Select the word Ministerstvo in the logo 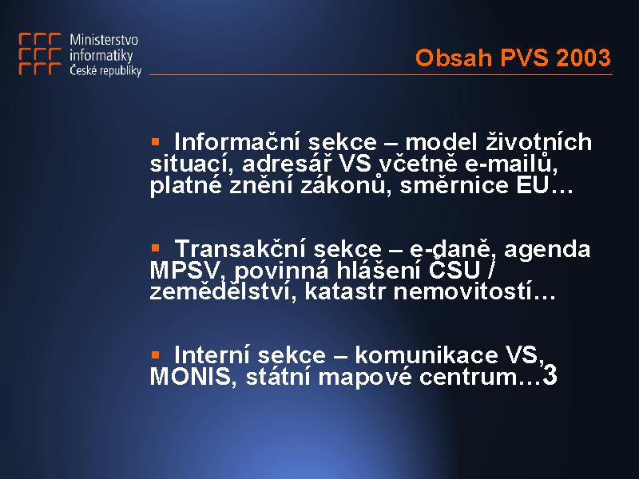(x=104, y=39)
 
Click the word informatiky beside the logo (x=101, y=55)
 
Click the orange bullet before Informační (x=155, y=141)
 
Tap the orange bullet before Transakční (x=155, y=247)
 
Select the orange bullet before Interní (x=155, y=354)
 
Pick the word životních (x=538, y=141)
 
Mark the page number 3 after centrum (x=550, y=375)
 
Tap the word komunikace (x=427, y=354)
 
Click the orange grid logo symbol (x=40, y=53)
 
